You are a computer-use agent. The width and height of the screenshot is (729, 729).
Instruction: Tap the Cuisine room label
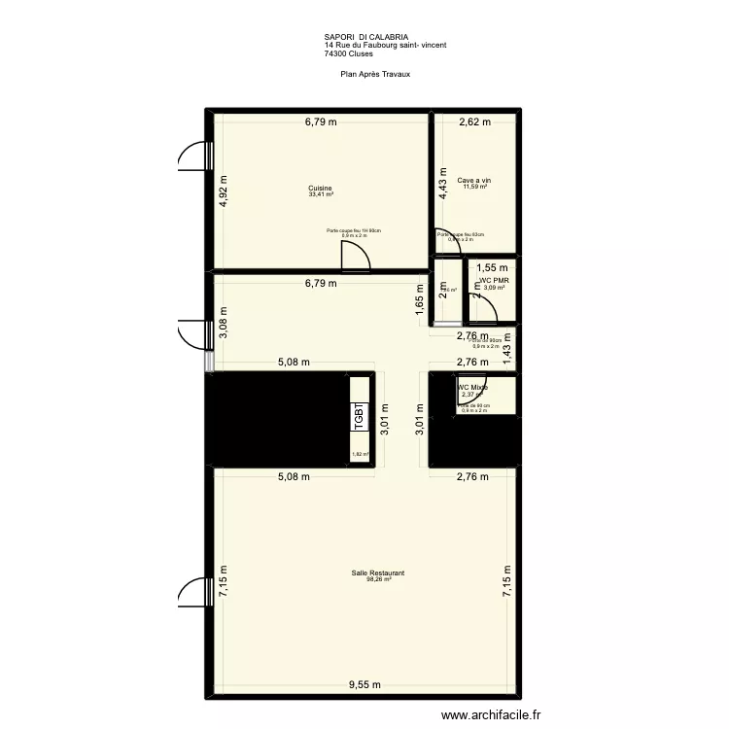321,188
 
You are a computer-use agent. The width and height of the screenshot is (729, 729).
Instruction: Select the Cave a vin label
475,180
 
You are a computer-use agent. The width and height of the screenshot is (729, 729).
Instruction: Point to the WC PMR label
496,281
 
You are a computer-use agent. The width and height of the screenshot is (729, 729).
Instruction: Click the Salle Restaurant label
378,573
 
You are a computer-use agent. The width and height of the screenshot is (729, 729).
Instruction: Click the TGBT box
359,418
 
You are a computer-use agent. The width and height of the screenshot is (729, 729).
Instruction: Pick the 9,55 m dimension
365,685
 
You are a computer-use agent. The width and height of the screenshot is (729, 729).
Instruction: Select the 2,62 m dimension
475,122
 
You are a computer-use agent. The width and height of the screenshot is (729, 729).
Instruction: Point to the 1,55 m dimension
492,267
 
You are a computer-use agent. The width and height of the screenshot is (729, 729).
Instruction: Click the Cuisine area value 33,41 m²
321,195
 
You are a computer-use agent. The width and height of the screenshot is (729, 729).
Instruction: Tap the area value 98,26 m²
378,581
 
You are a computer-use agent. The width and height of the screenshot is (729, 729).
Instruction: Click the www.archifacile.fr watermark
492,715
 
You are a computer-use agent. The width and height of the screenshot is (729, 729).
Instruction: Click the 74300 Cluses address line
349,53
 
